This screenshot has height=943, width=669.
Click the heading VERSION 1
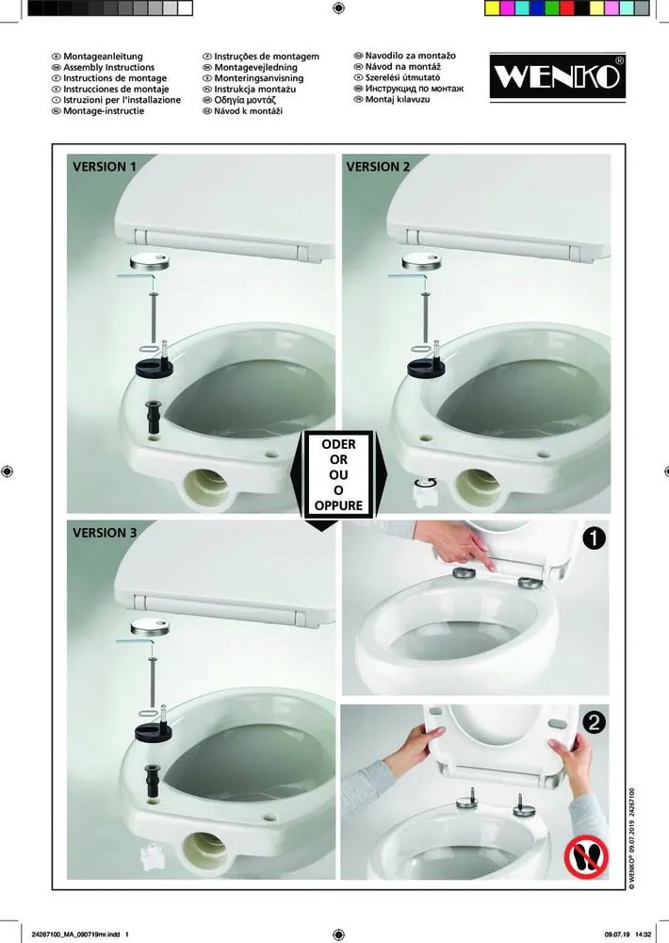click(x=105, y=167)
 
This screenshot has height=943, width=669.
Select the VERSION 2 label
click(x=378, y=167)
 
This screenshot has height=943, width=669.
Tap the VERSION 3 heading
click(x=105, y=532)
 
